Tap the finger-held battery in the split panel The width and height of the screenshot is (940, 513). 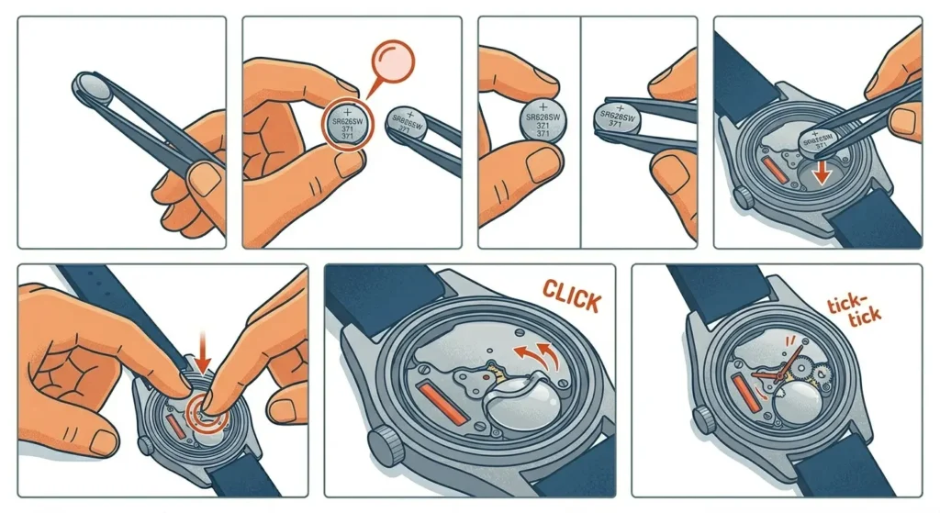[543, 119]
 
